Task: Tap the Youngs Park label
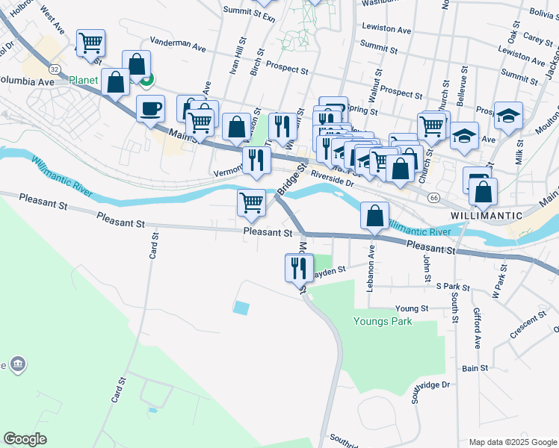click(x=382, y=322)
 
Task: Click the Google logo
click(x=25, y=439)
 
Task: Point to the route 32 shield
click(x=55, y=67)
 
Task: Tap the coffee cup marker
click(x=150, y=110)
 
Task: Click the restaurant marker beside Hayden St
click(x=300, y=268)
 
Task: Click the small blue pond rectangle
click(x=241, y=307)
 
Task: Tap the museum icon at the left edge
click(x=18, y=365)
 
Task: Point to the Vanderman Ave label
click(x=178, y=46)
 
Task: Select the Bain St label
click(x=475, y=368)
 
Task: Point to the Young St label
click(x=412, y=308)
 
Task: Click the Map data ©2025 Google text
click(x=513, y=442)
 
